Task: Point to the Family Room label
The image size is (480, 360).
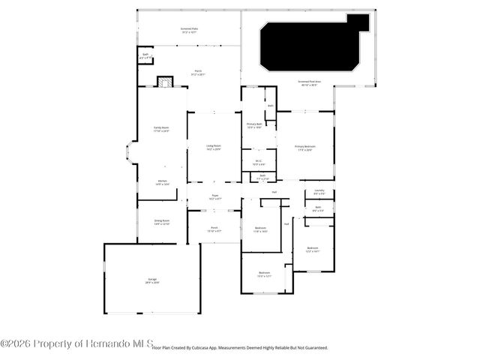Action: coord(161,130)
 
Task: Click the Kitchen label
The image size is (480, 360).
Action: coord(163,182)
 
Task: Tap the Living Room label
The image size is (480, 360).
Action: coord(214,147)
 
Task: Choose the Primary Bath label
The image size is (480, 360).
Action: coord(254,125)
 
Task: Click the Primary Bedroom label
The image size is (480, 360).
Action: coord(304,148)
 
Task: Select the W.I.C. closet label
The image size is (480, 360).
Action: coord(257,162)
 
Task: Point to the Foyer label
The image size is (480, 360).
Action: coord(214,196)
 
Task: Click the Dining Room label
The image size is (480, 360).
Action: coord(161,223)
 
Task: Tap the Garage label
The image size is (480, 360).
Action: coord(152,282)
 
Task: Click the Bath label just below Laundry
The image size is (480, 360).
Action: coord(318,208)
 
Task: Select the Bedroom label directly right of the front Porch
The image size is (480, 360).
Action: coord(260,229)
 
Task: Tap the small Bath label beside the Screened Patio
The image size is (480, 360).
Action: coord(145,55)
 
